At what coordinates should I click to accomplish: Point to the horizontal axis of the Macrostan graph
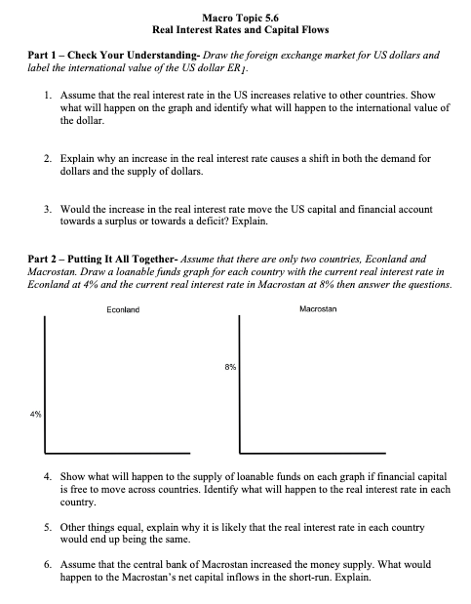(x=332, y=452)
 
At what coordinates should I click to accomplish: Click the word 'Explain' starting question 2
(x=78, y=156)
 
